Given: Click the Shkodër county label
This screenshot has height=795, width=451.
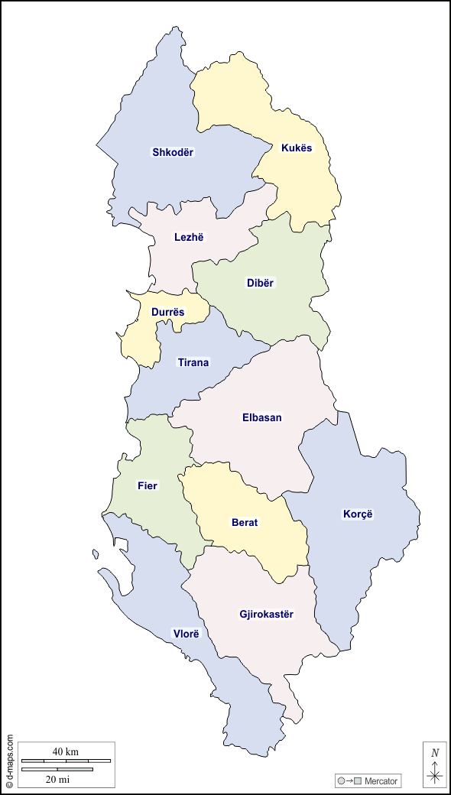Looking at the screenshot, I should (x=173, y=152).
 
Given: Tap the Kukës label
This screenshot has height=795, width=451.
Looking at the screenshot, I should (x=297, y=148).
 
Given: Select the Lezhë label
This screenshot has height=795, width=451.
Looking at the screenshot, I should (x=189, y=237).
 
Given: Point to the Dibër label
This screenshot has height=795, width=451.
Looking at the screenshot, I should (x=260, y=283).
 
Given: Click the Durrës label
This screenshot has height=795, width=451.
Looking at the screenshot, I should (x=167, y=312).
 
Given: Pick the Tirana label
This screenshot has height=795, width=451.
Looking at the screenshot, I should (x=193, y=362).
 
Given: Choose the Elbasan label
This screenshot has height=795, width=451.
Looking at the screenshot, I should (x=261, y=417).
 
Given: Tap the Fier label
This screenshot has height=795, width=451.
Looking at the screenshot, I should (x=148, y=485).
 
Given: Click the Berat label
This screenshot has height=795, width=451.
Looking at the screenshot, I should (x=245, y=523).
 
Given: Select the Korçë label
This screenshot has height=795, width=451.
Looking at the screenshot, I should (x=357, y=514).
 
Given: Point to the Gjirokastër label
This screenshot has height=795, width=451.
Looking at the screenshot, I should (x=266, y=614).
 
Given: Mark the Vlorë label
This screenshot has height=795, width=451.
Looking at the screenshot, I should (x=186, y=634).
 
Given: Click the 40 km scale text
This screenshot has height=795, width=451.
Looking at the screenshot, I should (x=66, y=751).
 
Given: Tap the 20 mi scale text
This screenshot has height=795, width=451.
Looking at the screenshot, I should (x=58, y=779).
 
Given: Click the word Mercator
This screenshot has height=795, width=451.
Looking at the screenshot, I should (x=381, y=780).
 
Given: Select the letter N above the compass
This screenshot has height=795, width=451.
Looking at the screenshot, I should (x=435, y=753).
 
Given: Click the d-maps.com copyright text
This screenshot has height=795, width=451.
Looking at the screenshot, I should (x=9, y=761).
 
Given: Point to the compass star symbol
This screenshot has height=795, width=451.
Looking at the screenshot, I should (x=435, y=775).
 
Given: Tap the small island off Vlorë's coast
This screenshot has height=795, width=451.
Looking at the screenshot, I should (x=96, y=553).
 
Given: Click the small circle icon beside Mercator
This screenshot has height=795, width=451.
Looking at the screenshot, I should (x=341, y=780).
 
